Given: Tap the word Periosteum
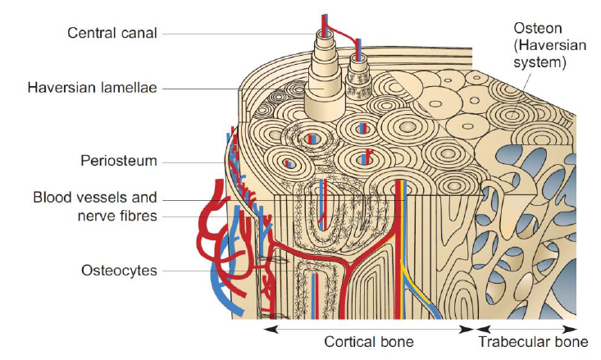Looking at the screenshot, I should click(118, 161).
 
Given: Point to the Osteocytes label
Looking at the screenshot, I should click(118, 270).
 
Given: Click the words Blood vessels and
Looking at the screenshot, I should click(94, 198).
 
